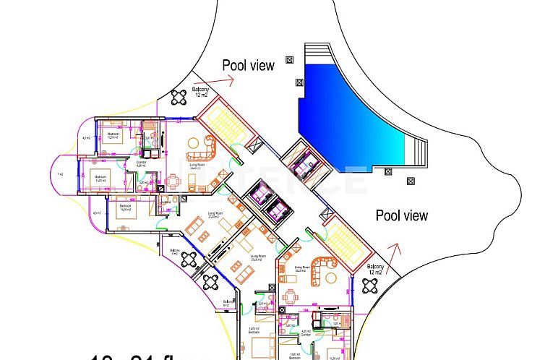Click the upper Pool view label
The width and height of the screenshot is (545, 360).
point(248,65)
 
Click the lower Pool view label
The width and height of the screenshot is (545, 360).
point(401,215)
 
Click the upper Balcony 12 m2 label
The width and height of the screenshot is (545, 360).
point(200,90)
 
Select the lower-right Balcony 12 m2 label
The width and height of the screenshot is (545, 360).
point(375,270)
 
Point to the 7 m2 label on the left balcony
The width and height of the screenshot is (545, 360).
point(61,174)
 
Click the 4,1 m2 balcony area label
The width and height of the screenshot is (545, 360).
point(85,138)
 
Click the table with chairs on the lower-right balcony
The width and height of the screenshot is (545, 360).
point(370,285)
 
